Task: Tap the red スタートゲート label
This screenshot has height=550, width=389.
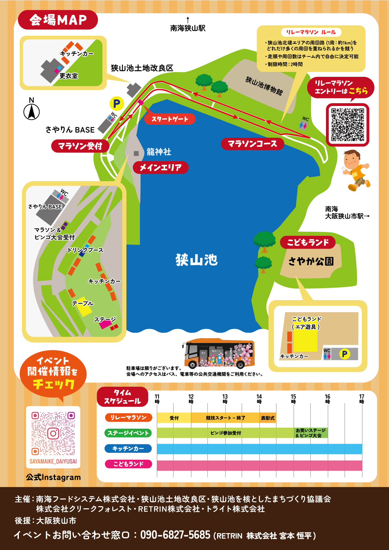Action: click(170, 119)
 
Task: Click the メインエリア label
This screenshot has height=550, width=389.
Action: click(161, 167)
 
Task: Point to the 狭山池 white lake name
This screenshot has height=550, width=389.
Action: click(197, 260)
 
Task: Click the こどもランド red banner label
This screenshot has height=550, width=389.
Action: click(307, 242)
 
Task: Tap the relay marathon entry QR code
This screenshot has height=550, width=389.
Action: click(348, 124)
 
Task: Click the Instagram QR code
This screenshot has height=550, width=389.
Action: click(53, 434)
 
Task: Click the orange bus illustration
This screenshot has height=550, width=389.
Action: click(219, 353)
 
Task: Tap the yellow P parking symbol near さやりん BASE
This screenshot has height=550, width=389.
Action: click(117, 103)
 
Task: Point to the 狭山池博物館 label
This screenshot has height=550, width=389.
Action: click(264, 86)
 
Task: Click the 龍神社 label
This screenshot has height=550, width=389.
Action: click(159, 152)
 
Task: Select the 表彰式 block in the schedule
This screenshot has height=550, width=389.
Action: click(268, 418)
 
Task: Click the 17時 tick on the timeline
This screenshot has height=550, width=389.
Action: click(362, 399)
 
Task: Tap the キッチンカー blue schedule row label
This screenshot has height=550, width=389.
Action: click(128, 448)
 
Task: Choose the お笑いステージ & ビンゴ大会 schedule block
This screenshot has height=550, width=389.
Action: click(311, 433)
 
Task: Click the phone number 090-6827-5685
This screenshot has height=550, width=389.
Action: click(175, 535)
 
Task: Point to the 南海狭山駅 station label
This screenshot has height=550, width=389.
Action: click(188, 28)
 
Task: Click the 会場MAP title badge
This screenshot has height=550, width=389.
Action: click(58, 20)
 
